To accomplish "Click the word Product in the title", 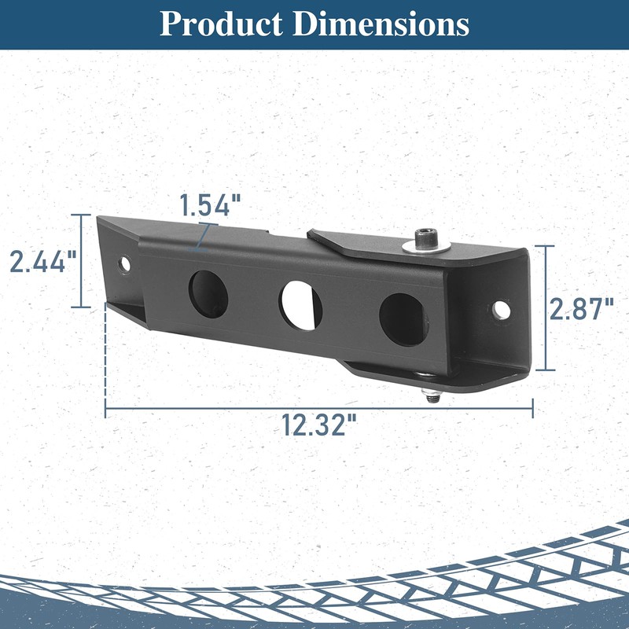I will coord(221,24).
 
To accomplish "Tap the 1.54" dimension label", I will coord(209,206).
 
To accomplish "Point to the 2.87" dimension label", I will coord(581,309).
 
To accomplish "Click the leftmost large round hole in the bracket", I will coord(208,291).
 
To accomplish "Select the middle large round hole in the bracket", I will coord(301,303).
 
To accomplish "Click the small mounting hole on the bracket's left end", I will coord(124,264).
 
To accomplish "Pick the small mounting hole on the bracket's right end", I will coord(501,310).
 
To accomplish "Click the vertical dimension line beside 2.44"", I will coord(80,260).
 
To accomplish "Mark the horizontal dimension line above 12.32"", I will coord(319,407).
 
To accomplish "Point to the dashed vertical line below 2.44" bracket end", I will coord(105,354).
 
